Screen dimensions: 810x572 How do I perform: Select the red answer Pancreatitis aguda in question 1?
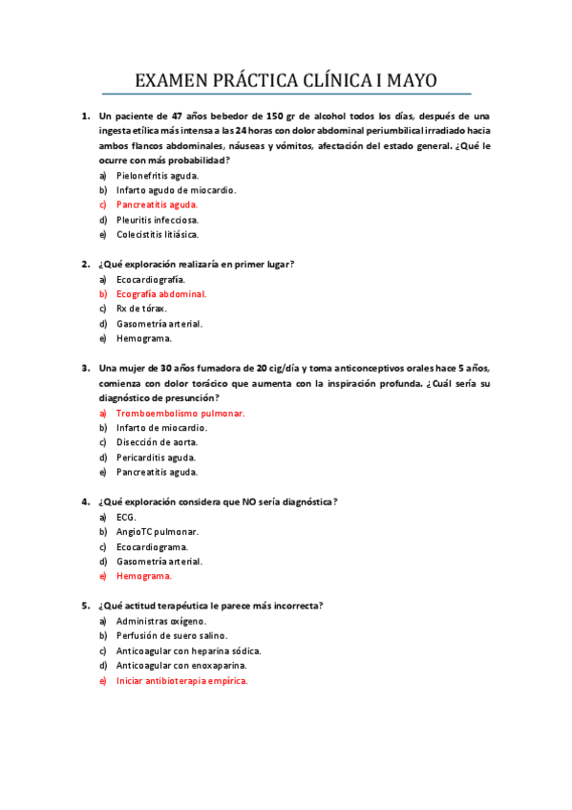(x=157, y=204)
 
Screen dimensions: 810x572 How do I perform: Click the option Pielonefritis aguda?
(x=158, y=176)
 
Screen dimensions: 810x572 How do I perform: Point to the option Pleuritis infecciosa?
(x=158, y=220)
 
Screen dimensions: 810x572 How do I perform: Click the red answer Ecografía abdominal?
(x=161, y=294)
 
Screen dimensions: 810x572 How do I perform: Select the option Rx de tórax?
(x=141, y=309)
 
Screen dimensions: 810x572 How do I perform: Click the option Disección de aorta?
(x=158, y=442)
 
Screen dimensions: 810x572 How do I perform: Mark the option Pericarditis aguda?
(x=158, y=458)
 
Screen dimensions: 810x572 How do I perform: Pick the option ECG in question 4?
(x=126, y=518)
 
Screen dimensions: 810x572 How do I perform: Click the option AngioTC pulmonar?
(x=158, y=532)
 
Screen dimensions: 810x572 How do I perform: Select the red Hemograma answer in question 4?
(x=144, y=576)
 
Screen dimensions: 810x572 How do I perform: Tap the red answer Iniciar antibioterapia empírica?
(x=181, y=681)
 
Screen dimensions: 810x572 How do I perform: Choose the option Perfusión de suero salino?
(x=172, y=636)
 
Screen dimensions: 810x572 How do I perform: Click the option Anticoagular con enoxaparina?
(x=181, y=666)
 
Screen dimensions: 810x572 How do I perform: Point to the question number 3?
(x=85, y=369)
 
